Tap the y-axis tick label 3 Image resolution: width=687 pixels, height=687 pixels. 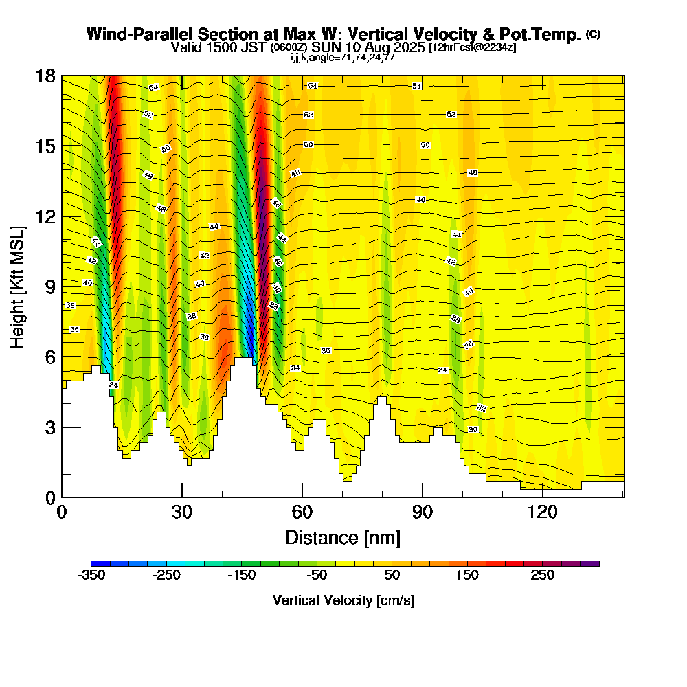click(x=50, y=427)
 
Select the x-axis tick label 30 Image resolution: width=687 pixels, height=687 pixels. click(x=182, y=512)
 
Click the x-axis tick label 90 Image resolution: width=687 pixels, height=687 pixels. click(x=423, y=512)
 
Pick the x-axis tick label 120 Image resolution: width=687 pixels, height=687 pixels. click(x=542, y=512)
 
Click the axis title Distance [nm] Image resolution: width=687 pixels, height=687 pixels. click(x=343, y=537)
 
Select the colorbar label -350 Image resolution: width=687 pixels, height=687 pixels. click(x=91, y=576)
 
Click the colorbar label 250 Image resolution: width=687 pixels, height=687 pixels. click(x=542, y=576)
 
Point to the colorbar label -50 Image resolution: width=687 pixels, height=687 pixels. click(x=317, y=576)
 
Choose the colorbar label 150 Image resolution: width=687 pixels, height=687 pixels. click(x=467, y=576)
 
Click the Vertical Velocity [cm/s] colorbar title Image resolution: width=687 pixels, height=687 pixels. click(x=343, y=600)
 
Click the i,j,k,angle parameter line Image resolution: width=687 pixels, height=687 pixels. click(x=343, y=57)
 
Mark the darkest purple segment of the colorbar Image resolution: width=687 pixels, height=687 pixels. click(x=590, y=563)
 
